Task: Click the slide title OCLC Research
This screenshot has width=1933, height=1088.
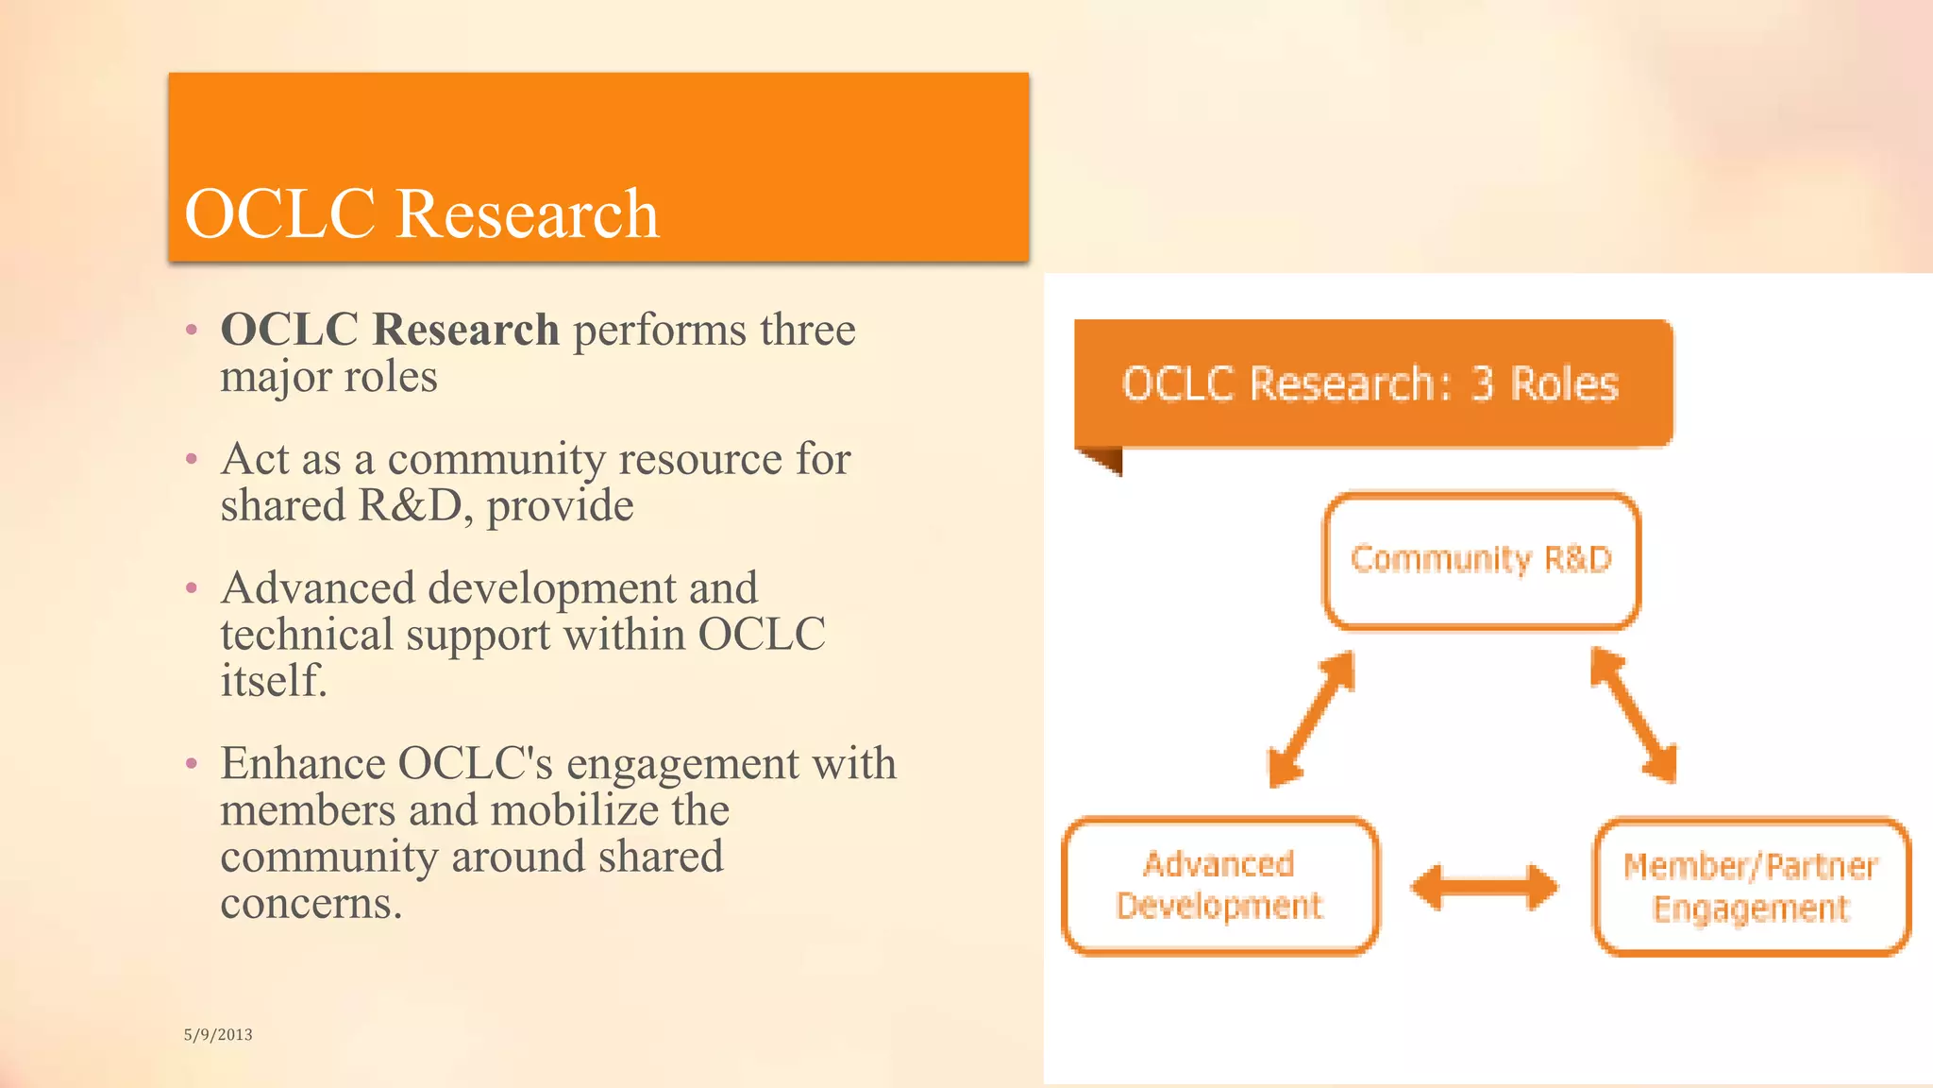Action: coord(421,213)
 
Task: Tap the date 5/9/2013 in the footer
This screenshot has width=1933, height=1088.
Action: coord(218,1034)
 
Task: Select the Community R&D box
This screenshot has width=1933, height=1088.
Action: coord(1481,560)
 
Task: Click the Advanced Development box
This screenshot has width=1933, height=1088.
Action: coord(1219,885)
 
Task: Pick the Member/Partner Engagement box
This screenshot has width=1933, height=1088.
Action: coord(1751,887)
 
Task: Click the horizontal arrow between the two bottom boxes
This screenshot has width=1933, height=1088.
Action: coord(1484,887)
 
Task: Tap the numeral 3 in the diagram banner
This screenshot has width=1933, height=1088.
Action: coord(1484,383)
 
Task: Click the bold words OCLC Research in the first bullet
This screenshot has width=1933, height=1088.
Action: coord(390,330)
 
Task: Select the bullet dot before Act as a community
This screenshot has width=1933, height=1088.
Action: coord(192,460)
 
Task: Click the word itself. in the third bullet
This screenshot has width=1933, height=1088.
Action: coord(274,680)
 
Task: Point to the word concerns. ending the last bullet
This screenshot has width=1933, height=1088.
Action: coord(311,903)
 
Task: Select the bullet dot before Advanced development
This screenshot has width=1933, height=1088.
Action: coord(192,589)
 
